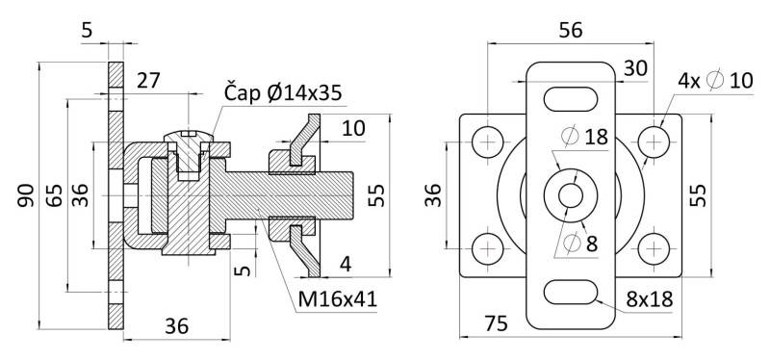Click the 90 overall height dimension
pyautogui.click(x=26, y=195)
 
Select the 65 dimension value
pyautogui.click(x=55, y=195)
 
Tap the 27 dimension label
pyautogui.click(x=148, y=81)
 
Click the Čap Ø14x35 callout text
pyautogui.click(x=282, y=92)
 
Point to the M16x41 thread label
pyautogui.click(x=338, y=298)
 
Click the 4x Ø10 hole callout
pyautogui.click(x=715, y=80)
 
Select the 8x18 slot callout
pyautogui.click(x=649, y=298)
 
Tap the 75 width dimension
pyautogui.click(x=496, y=323)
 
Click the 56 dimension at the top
pyautogui.click(x=571, y=31)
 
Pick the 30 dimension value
pyautogui.click(x=636, y=68)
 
